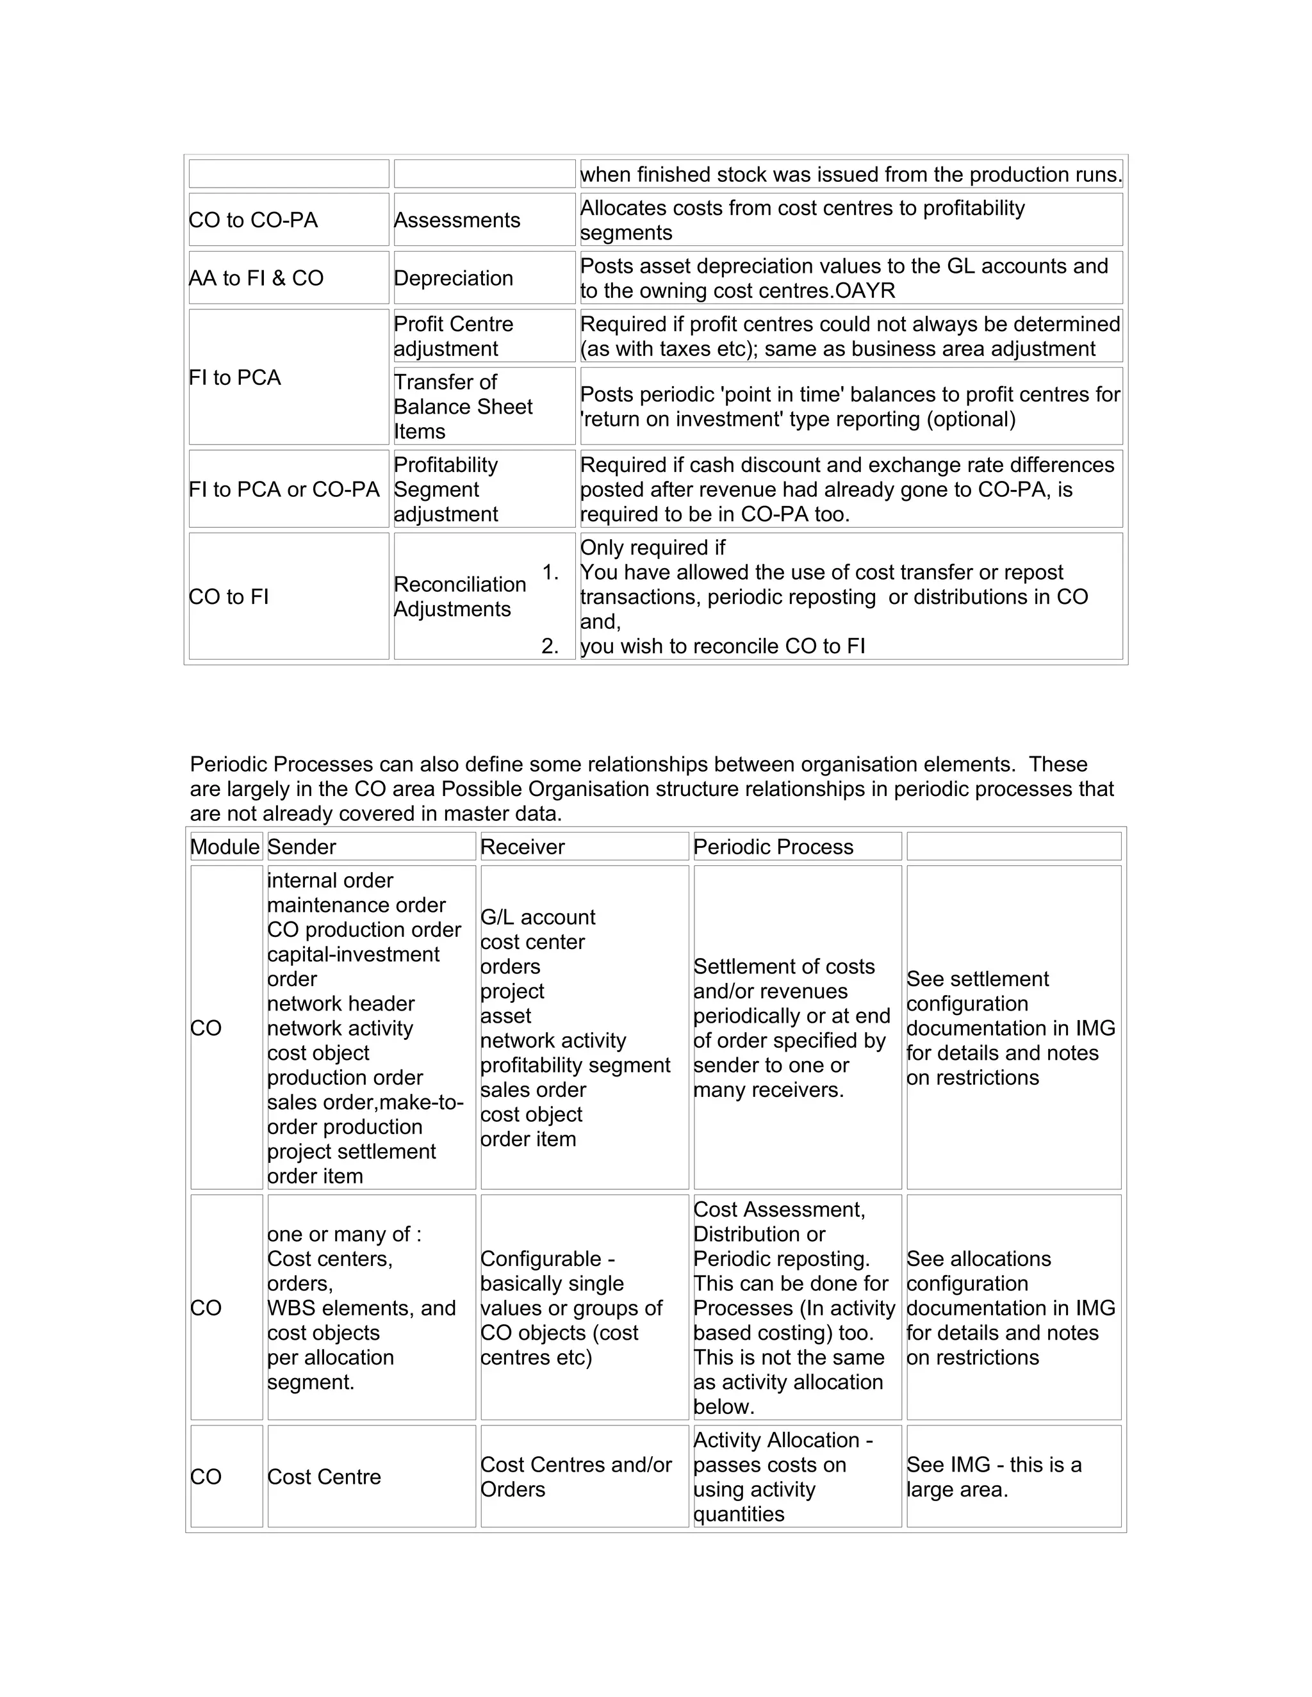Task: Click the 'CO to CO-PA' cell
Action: (x=254, y=220)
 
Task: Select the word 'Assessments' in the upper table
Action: (x=457, y=220)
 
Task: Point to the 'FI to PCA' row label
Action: (x=234, y=378)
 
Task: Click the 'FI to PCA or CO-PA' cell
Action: (x=284, y=489)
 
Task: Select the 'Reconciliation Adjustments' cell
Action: (x=459, y=597)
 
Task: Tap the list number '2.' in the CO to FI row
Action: (x=550, y=647)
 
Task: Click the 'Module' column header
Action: (x=225, y=847)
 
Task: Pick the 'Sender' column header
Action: (x=302, y=847)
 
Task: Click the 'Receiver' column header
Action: (x=522, y=847)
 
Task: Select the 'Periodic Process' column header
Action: (x=773, y=847)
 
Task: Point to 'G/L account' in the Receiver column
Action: (x=538, y=917)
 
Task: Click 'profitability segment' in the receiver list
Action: (x=575, y=1066)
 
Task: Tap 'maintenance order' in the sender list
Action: (x=356, y=905)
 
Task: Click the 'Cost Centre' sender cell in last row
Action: (x=324, y=1477)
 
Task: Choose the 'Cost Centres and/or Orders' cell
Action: (x=576, y=1477)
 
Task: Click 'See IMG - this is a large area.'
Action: (x=994, y=1477)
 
